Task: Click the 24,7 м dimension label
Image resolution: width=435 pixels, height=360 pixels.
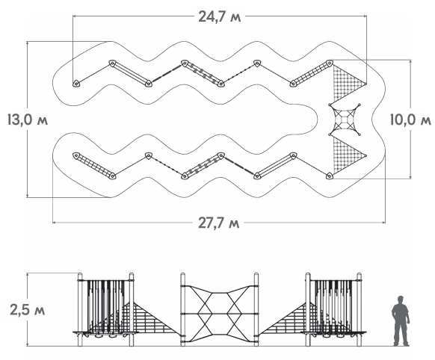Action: tap(220, 16)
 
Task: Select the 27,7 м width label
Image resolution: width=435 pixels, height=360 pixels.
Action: tap(218, 223)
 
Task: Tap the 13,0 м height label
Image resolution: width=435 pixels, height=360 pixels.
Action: tap(28, 120)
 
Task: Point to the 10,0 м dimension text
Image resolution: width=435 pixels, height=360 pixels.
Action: tap(410, 120)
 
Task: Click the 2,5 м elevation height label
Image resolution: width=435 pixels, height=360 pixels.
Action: tap(27, 309)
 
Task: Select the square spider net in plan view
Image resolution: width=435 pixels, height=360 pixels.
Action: tap(345, 120)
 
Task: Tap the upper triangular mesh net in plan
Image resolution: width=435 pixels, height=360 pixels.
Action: tap(349, 81)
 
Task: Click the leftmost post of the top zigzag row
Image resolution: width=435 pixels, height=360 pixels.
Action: tap(75, 83)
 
